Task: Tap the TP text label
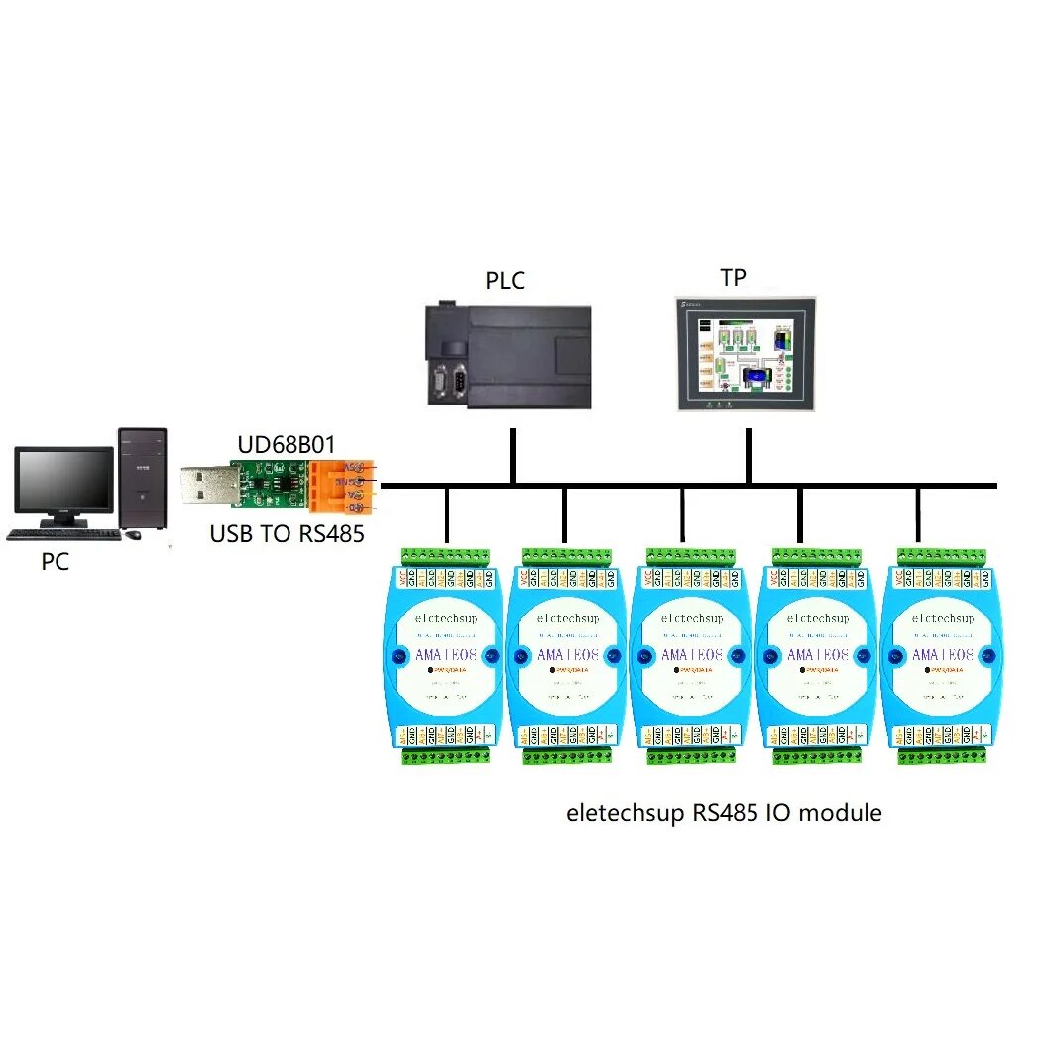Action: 733,278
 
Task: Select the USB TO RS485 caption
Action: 287,534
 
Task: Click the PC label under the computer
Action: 56,561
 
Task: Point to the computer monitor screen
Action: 63,480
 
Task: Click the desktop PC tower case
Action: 142,480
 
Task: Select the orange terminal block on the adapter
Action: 342,487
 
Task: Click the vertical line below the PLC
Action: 512,456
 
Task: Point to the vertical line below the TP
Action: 747,456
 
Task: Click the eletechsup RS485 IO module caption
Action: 724,813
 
